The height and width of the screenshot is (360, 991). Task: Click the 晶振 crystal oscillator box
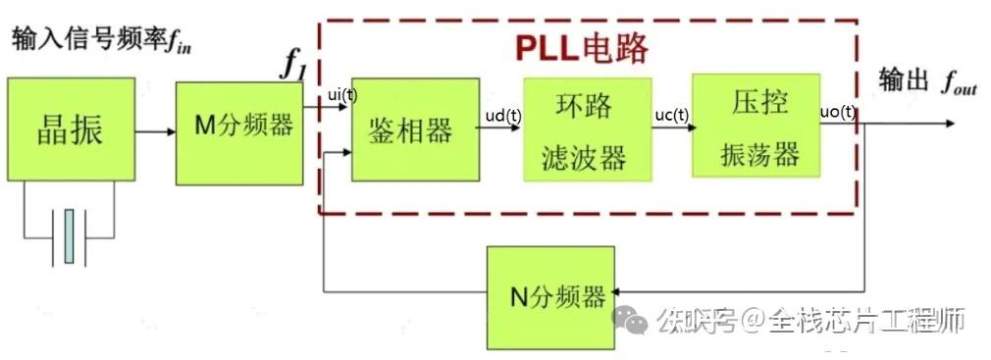tap(71, 130)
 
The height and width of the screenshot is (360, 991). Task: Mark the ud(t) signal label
tap(502, 115)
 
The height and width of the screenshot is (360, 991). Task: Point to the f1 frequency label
tap(294, 65)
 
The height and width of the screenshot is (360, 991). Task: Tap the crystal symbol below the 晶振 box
tap(69, 235)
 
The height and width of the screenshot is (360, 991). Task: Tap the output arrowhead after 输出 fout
tap(947, 124)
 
